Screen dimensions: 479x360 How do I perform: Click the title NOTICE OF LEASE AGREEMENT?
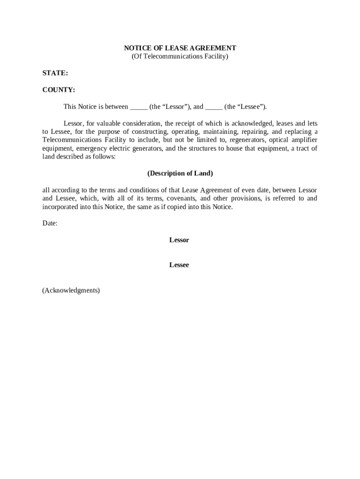point(180,48)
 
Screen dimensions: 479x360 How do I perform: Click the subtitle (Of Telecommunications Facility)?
point(180,57)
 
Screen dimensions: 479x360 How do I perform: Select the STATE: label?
point(55,73)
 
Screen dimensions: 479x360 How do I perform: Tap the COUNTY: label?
point(58,90)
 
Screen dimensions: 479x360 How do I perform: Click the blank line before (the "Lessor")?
point(138,107)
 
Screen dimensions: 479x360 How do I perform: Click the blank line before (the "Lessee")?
point(214,107)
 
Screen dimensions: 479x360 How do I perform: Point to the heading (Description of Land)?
point(180,174)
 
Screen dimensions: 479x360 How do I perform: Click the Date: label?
point(50,224)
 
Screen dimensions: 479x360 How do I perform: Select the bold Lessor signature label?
point(179,240)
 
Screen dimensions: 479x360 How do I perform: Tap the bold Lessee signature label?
point(179,265)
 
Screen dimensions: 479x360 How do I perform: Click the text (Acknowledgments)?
point(71,290)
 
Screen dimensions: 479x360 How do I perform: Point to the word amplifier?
point(303,140)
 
